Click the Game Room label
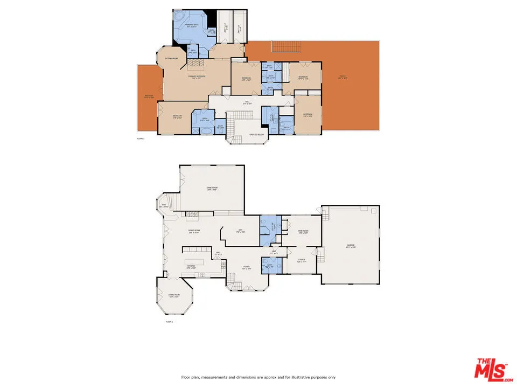pyautogui.click(x=211, y=189)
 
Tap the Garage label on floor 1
pyautogui.click(x=351, y=246)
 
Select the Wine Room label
pyautogui.click(x=303, y=232)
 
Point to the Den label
pyautogui.click(x=240, y=231)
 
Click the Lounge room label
pyautogui.click(x=302, y=260)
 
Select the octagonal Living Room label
pyautogui.click(x=173, y=295)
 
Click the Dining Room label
pyautogui.click(x=194, y=231)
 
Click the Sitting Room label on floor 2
pyautogui.click(x=171, y=58)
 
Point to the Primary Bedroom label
pyautogui.click(x=197, y=78)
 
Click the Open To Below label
pyautogui.click(x=256, y=135)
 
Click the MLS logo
pyautogui.click(x=491, y=370)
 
